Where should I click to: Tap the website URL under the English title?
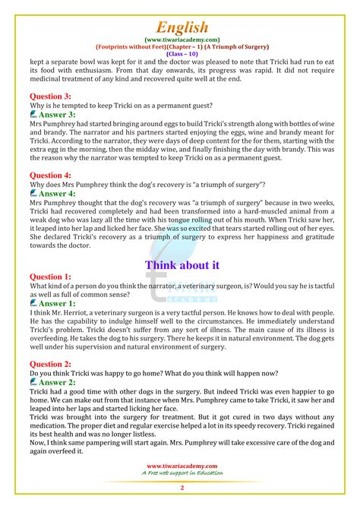point(180,39)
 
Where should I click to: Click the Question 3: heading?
point(50,96)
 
